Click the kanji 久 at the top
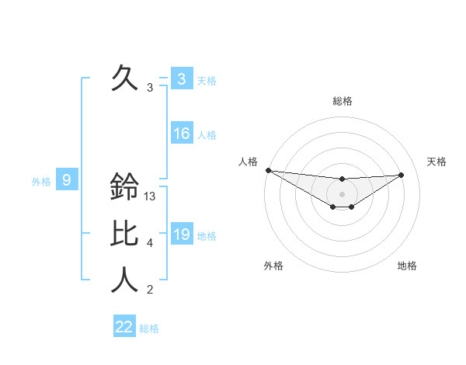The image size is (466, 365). (125, 78)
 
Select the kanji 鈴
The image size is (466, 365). (125, 186)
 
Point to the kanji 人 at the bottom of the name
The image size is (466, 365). (125, 280)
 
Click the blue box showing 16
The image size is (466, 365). (182, 134)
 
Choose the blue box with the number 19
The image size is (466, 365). (182, 235)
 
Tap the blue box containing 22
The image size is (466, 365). (124, 327)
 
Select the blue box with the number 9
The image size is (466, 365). (67, 181)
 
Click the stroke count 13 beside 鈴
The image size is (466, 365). (151, 197)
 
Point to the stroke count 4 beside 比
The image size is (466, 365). (150, 244)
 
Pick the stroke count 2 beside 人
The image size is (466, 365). (150, 290)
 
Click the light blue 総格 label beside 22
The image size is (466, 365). (149, 328)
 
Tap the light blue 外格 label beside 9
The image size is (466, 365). (41, 182)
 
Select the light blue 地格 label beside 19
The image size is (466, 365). (207, 236)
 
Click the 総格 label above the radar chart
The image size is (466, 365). (343, 101)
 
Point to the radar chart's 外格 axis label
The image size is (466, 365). (273, 266)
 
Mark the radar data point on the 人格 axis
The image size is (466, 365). (268, 170)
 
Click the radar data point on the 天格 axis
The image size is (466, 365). (402, 175)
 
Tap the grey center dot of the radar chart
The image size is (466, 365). (342, 194)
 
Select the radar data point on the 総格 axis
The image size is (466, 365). (342, 179)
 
